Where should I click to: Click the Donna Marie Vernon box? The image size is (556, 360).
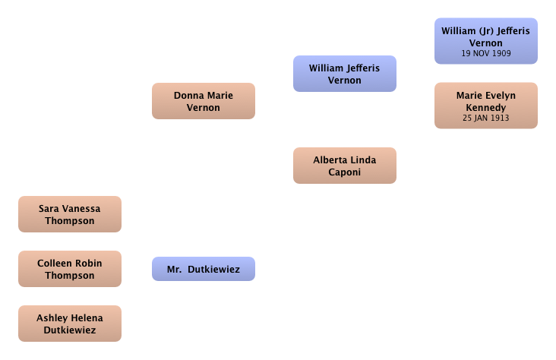coord(204,101)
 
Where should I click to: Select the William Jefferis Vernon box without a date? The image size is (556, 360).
coord(345,74)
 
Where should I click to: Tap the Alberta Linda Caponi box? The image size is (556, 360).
coord(345,166)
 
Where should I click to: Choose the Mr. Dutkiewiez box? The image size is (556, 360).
coord(204,269)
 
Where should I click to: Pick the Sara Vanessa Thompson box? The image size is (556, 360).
coord(70,214)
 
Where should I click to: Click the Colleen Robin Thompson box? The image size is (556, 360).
coord(70,269)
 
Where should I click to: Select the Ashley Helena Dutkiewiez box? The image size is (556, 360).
coord(70,324)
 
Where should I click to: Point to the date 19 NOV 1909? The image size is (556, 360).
coord(486,53)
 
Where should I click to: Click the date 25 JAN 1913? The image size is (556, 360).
coord(486,118)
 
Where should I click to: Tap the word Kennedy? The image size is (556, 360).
coord(486,107)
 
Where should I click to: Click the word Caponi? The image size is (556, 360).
coord(344,172)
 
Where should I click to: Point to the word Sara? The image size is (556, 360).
coord(48,209)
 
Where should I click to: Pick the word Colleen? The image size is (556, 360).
coord(52,264)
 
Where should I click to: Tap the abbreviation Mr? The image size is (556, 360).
coord(174,269)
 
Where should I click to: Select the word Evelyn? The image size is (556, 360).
coord(501,96)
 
